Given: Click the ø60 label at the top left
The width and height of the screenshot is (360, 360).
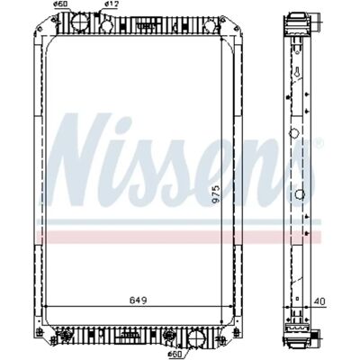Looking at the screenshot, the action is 59,4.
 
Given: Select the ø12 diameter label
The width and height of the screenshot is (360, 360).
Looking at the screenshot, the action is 112,4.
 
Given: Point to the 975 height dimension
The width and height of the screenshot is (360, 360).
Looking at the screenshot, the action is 216,194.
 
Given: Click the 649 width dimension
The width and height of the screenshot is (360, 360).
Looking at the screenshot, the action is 139,300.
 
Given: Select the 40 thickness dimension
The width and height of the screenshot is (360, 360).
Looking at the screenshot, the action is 319,301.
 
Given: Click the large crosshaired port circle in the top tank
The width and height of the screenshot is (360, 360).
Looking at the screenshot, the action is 80,20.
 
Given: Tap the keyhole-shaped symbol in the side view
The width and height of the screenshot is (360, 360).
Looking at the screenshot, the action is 296,72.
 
